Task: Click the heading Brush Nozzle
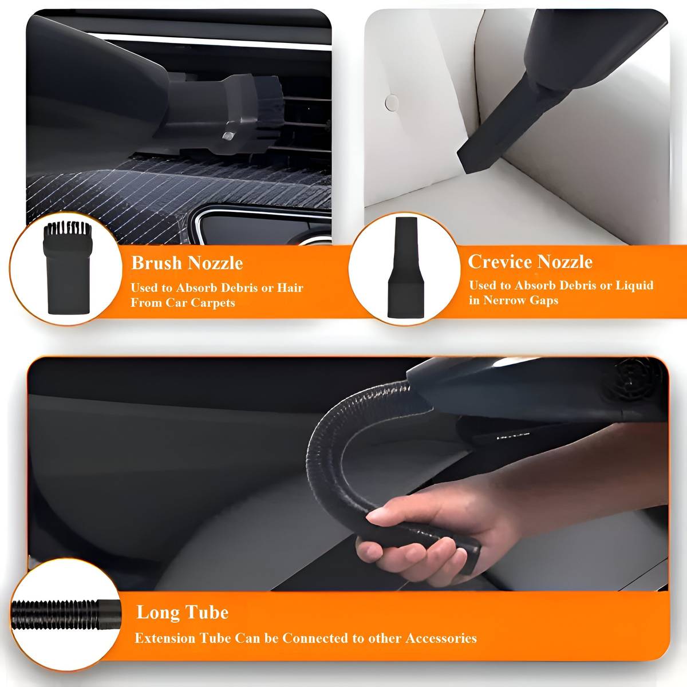pyautogui.click(x=187, y=263)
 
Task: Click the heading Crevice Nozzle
pyautogui.click(x=530, y=262)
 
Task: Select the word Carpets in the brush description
pyautogui.click(x=213, y=303)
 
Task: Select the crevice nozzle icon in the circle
pyautogui.click(x=406, y=267)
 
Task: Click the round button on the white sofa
pyautogui.click(x=392, y=102)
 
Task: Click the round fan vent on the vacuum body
pyautogui.click(x=638, y=382)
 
